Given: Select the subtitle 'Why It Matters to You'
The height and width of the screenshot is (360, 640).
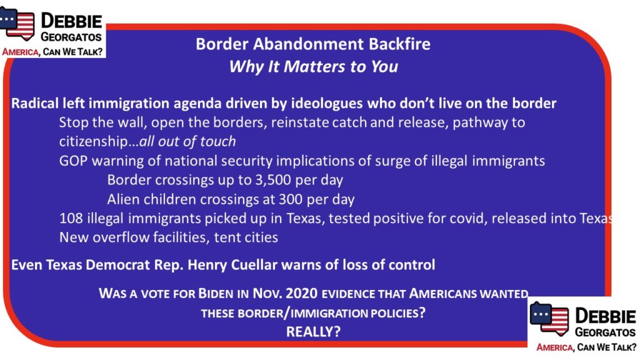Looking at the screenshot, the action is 314,66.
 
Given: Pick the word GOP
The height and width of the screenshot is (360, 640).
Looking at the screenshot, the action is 74,161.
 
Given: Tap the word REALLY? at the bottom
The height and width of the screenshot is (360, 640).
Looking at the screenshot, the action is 313,331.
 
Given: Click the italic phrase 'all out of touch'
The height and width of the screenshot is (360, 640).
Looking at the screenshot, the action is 187,141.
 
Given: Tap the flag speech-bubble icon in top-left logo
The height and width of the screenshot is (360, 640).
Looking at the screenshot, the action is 17,23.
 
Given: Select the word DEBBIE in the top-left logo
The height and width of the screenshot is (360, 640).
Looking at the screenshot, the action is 71,21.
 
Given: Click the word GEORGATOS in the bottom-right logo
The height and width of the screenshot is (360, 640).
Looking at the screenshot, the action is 605,332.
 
